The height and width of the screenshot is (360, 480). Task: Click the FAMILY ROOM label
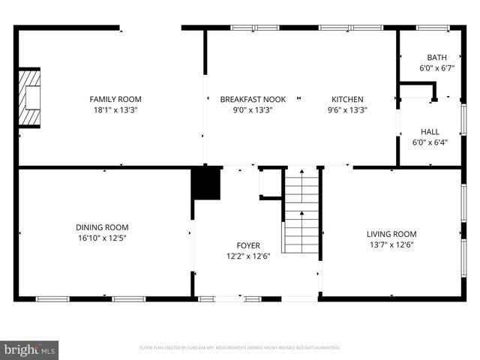click(115, 99)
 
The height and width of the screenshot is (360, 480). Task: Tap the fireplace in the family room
click(29, 98)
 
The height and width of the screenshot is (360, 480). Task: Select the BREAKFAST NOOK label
click(246, 99)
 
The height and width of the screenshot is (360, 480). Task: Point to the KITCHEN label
click(347, 99)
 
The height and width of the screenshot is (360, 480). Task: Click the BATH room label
click(436, 57)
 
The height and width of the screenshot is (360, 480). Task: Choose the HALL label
click(430, 131)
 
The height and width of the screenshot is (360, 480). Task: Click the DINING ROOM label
click(102, 227)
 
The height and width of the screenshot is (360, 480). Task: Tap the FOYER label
click(248, 245)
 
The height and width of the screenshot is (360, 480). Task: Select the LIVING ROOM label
click(391, 233)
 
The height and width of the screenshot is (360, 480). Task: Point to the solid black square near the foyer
click(206, 184)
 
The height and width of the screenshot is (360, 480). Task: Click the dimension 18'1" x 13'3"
click(115, 109)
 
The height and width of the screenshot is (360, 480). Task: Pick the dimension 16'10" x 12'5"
click(102, 238)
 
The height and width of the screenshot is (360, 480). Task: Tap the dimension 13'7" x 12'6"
click(391, 244)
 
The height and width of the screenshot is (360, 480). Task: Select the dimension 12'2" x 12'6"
click(248, 256)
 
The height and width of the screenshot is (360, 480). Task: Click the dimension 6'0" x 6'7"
click(436, 67)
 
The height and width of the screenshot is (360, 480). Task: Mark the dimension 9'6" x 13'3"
click(347, 109)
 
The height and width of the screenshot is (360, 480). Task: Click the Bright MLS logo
click(30, 349)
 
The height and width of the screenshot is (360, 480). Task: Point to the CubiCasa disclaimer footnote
click(240, 348)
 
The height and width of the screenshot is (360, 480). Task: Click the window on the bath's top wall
click(432, 28)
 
